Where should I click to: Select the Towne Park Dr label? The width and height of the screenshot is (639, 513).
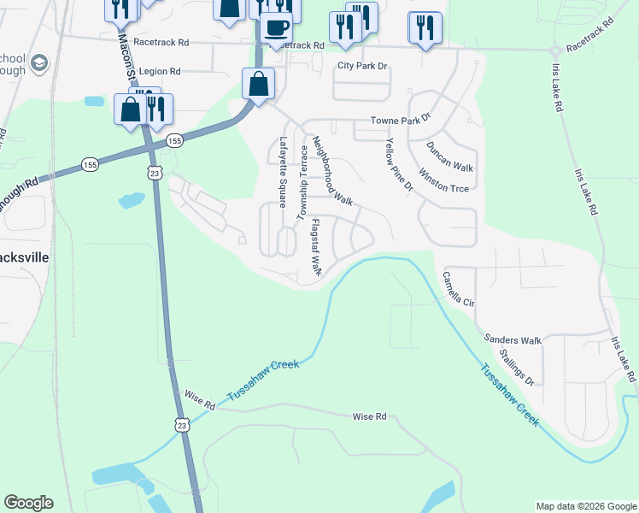[x=401, y=121]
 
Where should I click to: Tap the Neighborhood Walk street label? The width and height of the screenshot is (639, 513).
[x=332, y=171]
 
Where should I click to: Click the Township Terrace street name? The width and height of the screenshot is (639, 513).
[x=302, y=187]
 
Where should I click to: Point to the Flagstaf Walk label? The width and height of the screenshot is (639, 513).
[x=315, y=247]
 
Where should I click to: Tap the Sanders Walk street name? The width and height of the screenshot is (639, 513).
[x=513, y=340]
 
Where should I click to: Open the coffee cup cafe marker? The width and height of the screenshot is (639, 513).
[x=276, y=27]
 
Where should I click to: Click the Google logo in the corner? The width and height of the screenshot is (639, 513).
[x=28, y=503]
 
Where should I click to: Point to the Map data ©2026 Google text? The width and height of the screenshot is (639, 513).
[x=585, y=506]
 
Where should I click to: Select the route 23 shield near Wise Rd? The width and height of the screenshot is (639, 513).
[x=180, y=424]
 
